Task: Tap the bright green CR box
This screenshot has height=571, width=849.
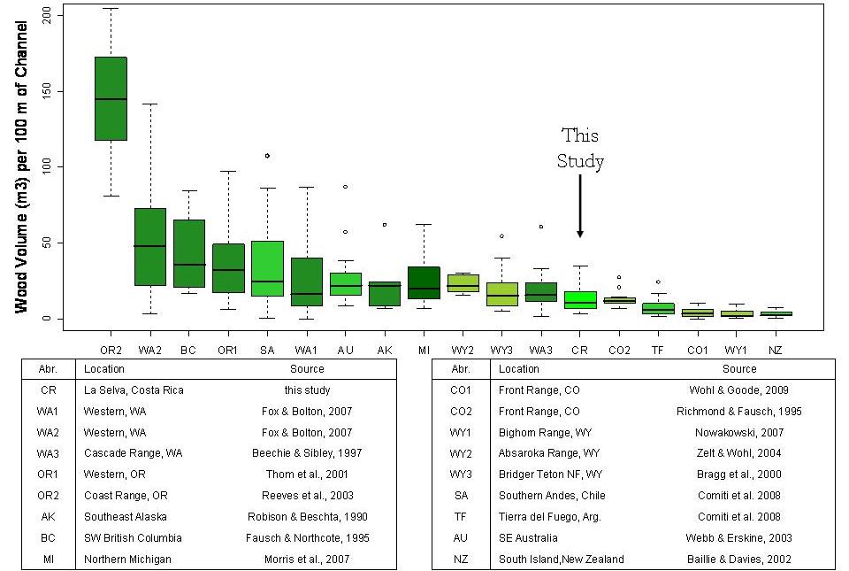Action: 579,299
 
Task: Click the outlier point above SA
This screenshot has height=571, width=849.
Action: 267,156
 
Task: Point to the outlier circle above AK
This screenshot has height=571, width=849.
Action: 384,225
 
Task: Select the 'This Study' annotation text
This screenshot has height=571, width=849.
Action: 579,148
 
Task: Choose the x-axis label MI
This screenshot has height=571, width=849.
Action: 424,350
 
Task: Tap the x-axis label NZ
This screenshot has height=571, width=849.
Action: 775,350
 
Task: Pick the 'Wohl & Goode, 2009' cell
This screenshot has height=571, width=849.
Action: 738,390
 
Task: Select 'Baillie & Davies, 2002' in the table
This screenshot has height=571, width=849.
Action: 738,559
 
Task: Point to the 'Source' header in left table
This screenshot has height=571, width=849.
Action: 307,369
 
